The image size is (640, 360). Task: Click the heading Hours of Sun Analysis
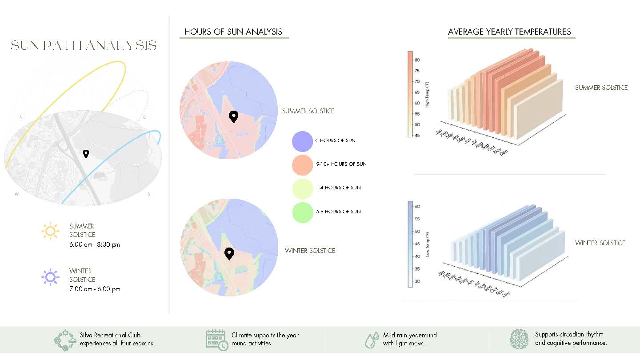tap(233, 32)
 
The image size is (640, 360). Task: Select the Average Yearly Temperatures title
tap(509, 32)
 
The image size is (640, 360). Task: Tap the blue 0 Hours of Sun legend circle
tap(302, 141)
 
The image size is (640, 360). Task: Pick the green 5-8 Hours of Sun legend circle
tap(303, 212)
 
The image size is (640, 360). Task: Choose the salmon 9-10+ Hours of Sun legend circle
tap(302, 165)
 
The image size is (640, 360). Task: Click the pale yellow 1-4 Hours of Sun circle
tap(303, 189)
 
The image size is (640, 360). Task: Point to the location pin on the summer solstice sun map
tap(234, 116)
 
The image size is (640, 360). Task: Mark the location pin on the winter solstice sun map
tap(229, 253)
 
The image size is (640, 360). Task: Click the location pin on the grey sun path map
tap(86, 154)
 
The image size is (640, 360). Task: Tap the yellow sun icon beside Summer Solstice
tap(50, 231)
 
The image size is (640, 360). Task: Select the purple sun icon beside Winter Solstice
tap(50, 277)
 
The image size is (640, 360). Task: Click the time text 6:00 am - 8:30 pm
tap(95, 244)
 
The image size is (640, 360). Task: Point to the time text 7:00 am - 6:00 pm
tap(95, 289)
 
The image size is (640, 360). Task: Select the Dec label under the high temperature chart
tap(504, 152)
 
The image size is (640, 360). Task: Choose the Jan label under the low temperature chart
tap(441, 273)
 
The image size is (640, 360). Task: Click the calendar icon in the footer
tap(216, 340)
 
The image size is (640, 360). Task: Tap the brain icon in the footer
tap(519, 339)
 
